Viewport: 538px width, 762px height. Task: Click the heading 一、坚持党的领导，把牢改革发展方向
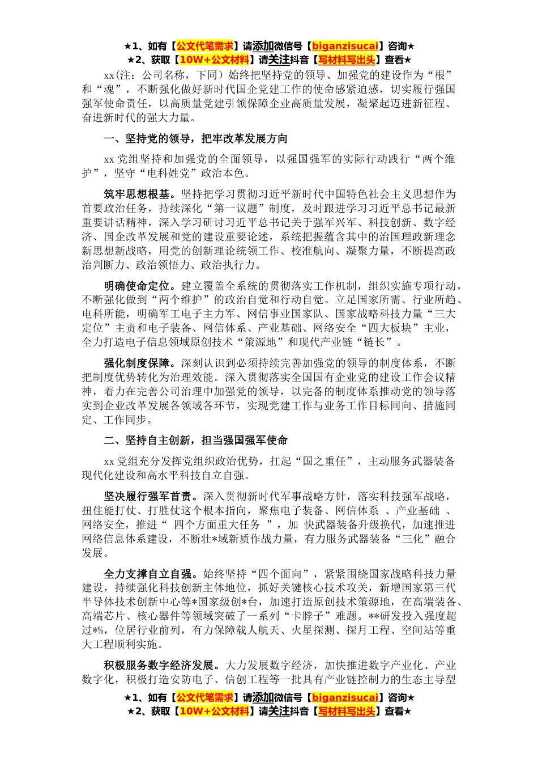point(195,139)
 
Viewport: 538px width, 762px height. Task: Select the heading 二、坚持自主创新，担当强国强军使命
point(195,441)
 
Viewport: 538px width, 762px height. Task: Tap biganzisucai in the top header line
point(345,46)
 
